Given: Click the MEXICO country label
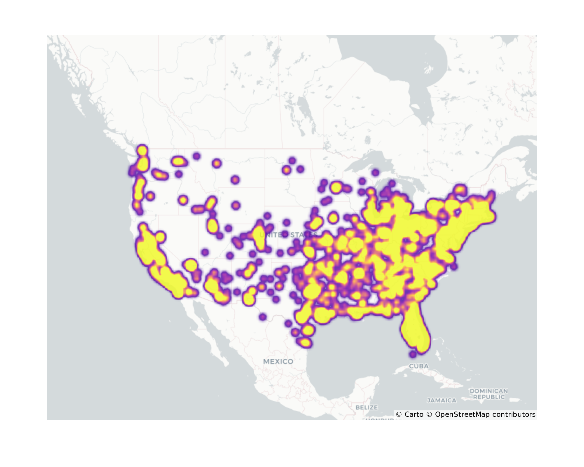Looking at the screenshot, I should [x=278, y=361].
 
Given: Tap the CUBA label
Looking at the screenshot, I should [x=419, y=366].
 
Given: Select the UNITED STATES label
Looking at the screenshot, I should [x=288, y=235].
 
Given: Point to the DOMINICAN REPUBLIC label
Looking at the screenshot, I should [x=489, y=394].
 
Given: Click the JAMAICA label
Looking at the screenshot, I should [x=442, y=400].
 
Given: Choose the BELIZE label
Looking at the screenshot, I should [x=366, y=407].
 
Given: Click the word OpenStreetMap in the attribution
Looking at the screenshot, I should [x=462, y=414].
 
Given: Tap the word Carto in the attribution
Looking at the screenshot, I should [x=414, y=414].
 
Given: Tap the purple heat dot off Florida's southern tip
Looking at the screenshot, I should [x=413, y=354].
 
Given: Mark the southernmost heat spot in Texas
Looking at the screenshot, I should [x=305, y=342].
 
